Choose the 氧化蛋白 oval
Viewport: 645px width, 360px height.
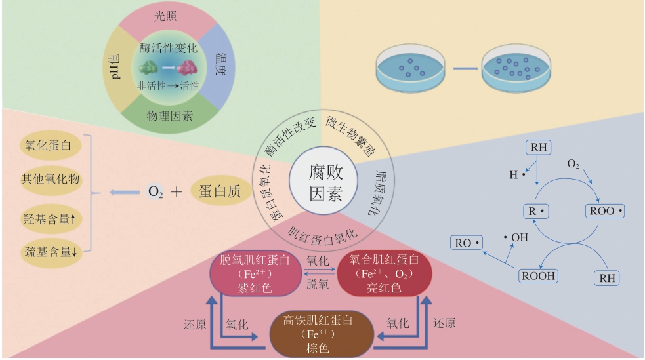(47, 145)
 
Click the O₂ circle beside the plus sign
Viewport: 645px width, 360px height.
(155, 192)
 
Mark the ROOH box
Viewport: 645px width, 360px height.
(538, 275)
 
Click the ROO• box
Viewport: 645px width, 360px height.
(603, 212)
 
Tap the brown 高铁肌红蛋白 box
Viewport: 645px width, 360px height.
(322, 334)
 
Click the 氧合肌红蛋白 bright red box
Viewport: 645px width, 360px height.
(384, 273)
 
